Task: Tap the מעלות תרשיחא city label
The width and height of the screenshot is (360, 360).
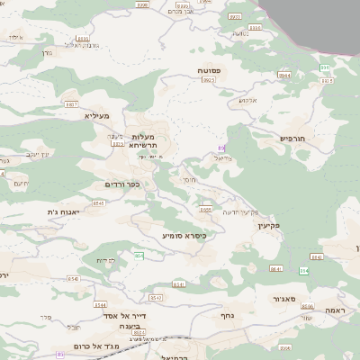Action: point(144,140)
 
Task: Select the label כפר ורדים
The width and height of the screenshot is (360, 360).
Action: point(121,184)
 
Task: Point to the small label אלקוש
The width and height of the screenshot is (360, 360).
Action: point(248,100)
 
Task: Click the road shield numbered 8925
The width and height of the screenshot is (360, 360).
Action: point(209,81)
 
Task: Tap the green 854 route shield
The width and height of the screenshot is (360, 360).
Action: point(139,256)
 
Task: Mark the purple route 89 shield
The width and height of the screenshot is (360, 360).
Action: point(221,148)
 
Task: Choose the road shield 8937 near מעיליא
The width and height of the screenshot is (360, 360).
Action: point(72,103)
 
